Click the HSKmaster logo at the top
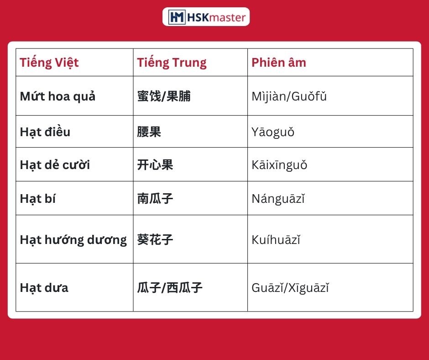(x=206, y=17)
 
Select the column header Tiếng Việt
(x=49, y=63)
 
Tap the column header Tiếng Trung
(x=172, y=63)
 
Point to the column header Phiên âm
(x=279, y=63)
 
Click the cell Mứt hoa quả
(x=58, y=96)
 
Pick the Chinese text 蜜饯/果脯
(x=164, y=96)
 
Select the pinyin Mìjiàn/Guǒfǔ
(x=289, y=96)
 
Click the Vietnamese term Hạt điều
(x=45, y=132)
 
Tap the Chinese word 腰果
(x=149, y=132)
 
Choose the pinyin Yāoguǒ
(x=273, y=132)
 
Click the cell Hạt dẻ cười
(x=55, y=164)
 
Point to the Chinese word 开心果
(x=155, y=164)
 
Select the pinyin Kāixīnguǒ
(x=279, y=165)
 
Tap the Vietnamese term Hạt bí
(x=38, y=199)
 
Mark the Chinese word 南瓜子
(x=155, y=199)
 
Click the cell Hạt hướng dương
(x=73, y=240)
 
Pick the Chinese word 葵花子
(x=155, y=239)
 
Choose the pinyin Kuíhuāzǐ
(x=276, y=240)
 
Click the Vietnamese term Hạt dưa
(x=44, y=288)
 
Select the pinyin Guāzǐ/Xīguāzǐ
(x=290, y=288)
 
